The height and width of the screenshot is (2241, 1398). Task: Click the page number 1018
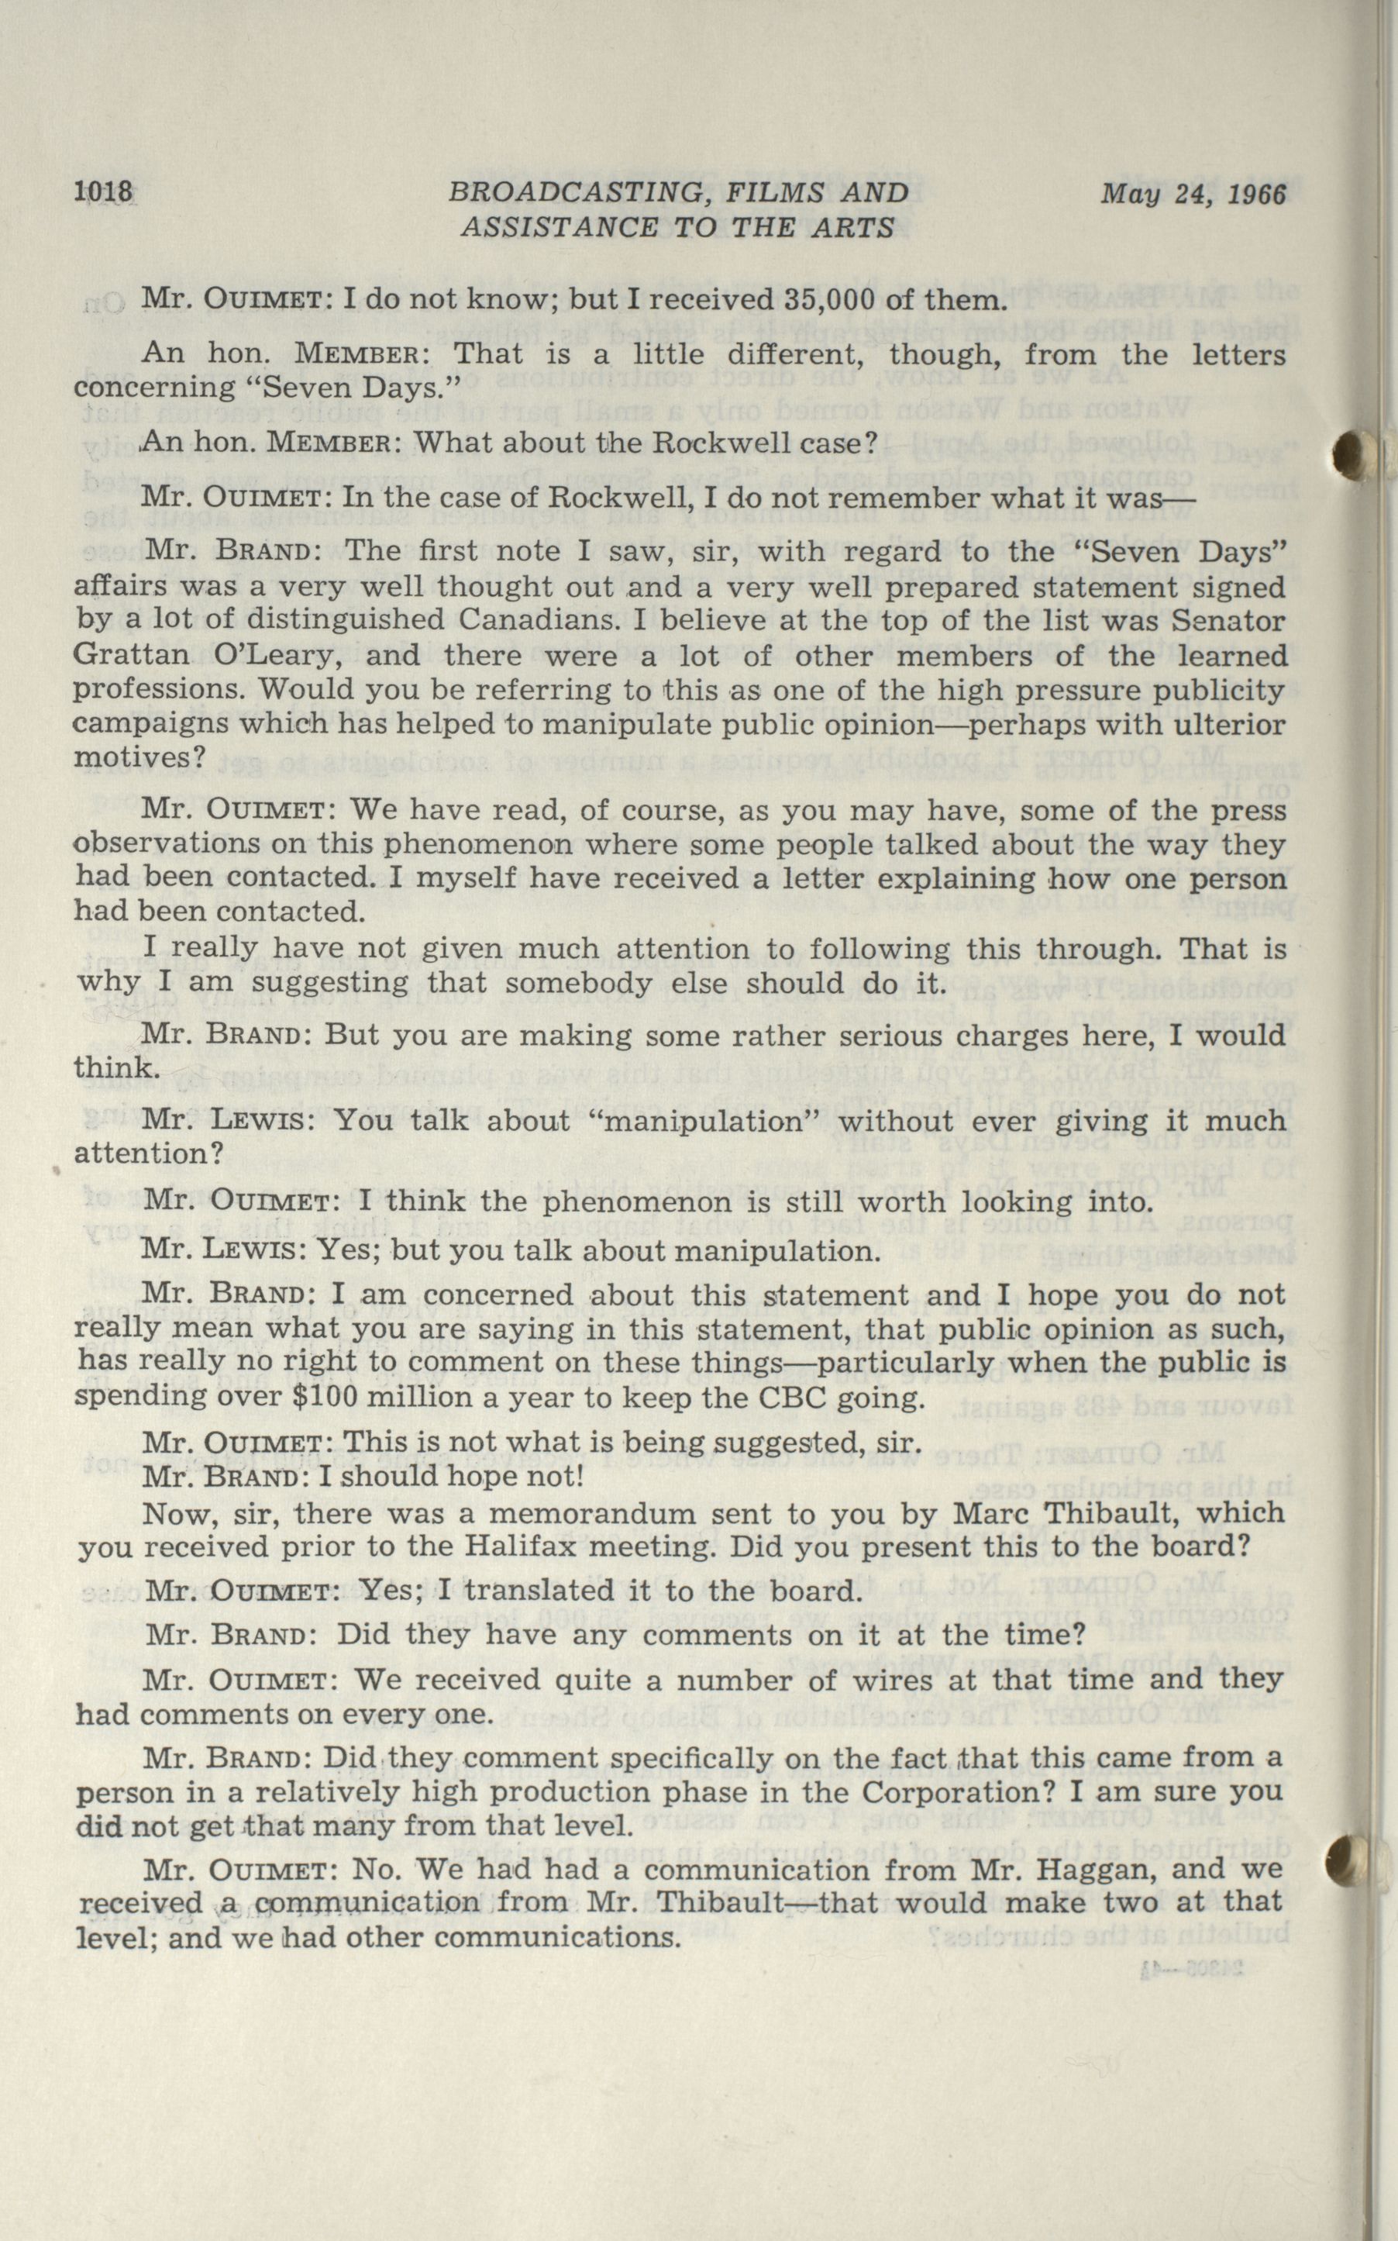(105, 192)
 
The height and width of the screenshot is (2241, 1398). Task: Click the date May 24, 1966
(1193, 193)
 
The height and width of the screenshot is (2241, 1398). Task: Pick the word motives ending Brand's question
(139, 757)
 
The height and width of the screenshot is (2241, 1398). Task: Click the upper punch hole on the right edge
(1355, 451)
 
